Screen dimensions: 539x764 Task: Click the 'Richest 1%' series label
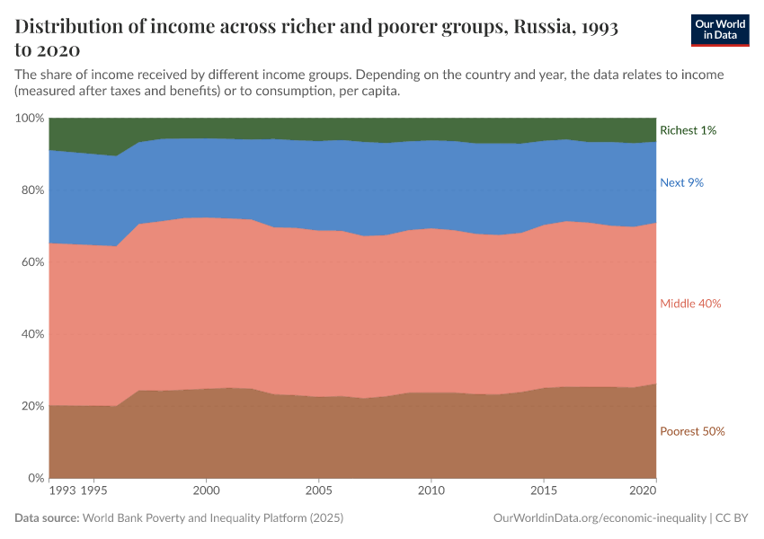coord(688,130)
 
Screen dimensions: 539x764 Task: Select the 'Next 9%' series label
coord(681,182)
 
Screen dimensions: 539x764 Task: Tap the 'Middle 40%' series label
coord(690,304)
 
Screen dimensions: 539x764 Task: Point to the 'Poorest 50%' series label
coord(692,431)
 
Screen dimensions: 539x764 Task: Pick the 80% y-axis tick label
coord(32,190)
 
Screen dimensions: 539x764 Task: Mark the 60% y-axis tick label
coord(32,262)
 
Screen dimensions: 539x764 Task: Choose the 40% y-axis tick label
coord(32,334)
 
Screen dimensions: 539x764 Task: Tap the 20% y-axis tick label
coord(32,406)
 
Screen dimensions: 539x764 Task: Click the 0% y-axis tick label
coord(36,478)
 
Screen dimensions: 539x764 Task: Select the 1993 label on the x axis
coord(63,491)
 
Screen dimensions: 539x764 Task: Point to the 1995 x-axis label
coord(94,491)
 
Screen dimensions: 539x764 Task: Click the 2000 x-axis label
coord(207,491)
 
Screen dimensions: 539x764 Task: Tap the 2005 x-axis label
coord(319,491)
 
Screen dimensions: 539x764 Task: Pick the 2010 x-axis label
coord(431,491)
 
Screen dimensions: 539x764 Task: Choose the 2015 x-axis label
coord(544,491)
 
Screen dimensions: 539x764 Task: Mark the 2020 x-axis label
coord(644,491)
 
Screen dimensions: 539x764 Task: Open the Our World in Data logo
coord(719,30)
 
